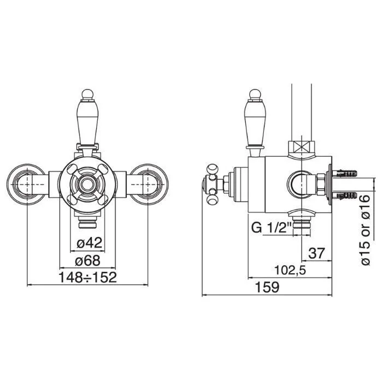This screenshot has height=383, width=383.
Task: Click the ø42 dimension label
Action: point(89,243)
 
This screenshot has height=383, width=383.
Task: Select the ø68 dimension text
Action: point(87,261)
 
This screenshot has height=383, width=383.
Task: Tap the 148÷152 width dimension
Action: point(87,278)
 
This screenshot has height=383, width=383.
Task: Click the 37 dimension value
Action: point(316,254)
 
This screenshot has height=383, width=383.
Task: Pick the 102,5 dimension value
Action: point(290,270)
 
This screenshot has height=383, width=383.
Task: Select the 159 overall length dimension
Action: point(267,287)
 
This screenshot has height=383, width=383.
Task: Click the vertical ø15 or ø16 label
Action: point(366,230)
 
